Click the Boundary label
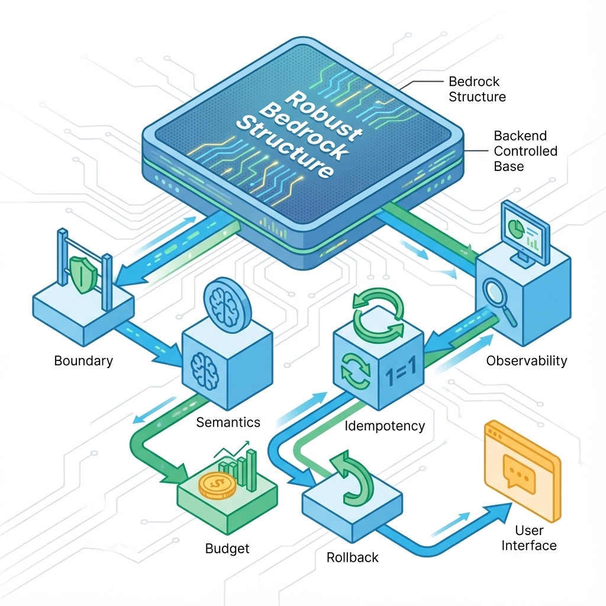click(83, 361)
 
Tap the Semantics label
click(228, 422)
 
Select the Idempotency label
click(385, 426)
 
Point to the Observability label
click(526, 361)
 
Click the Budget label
click(227, 549)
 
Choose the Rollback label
click(353, 557)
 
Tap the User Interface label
click(528, 537)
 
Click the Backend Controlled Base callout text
click(526, 151)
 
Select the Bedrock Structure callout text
click(477, 89)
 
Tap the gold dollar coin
click(217, 485)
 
